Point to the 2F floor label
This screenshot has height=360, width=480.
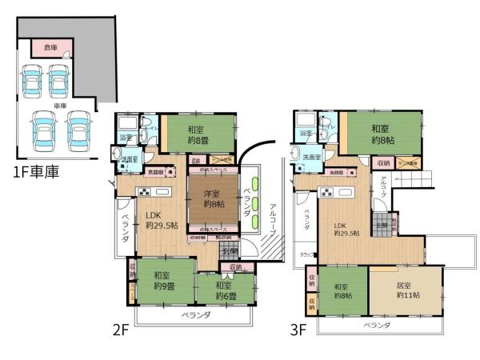[x=122, y=328]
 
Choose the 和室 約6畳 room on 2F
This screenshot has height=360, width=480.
[x=225, y=291]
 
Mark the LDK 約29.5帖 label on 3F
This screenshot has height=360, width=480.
[x=346, y=227]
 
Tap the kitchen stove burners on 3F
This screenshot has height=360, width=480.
[x=327, y=192]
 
